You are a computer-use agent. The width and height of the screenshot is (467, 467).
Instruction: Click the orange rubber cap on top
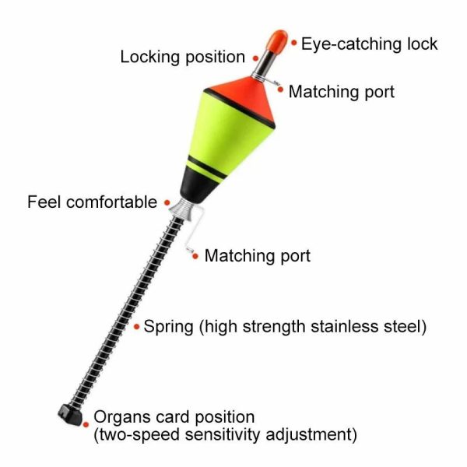[276, 40]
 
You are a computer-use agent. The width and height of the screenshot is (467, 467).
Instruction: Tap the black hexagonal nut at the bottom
[70, 414]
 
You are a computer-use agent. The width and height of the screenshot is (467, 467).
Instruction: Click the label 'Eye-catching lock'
[369, 44]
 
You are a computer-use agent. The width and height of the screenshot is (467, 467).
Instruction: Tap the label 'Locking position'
[183, 57]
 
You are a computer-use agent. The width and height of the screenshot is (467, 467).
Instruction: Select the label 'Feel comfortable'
[93, 202]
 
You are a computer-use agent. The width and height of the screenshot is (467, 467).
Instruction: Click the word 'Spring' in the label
[169, 327]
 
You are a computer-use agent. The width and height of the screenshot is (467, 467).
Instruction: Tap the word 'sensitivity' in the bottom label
[223, 434]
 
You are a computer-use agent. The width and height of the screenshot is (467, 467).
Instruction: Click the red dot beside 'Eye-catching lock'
[294, 43]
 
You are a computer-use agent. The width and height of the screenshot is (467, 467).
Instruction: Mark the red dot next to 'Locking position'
[255, 58]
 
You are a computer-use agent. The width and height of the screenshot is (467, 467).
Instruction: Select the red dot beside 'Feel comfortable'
[167, 203]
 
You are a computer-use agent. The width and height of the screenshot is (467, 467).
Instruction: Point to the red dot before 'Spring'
[137, 327]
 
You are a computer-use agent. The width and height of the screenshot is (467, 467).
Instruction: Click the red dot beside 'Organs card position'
[86, 425]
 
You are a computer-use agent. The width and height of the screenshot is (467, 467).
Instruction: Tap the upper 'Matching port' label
[342, 92]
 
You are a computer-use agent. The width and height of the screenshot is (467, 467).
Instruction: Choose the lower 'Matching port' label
[258, 255]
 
